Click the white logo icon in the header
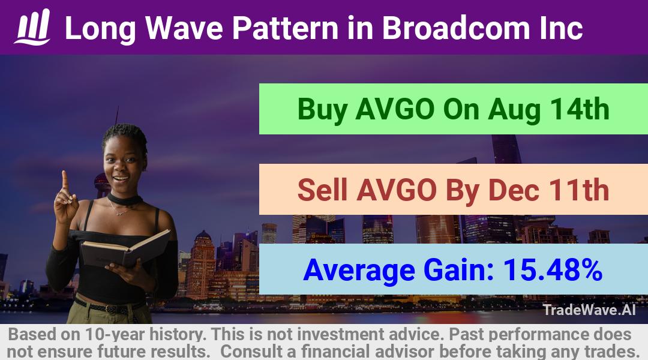click(x=32, y=27)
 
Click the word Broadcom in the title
click(x=455, y=28)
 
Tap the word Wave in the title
click(x=184, y=28)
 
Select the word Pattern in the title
click(x=286, y=28)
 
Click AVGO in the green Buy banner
click(x=395, y=109)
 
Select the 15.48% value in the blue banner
click(x=553, y=270)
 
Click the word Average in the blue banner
click(x=359, y=271)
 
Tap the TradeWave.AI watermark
click(x=589, y=310)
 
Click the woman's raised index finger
click(x=65, y=180)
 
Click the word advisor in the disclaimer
click(x=404, y=352)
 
